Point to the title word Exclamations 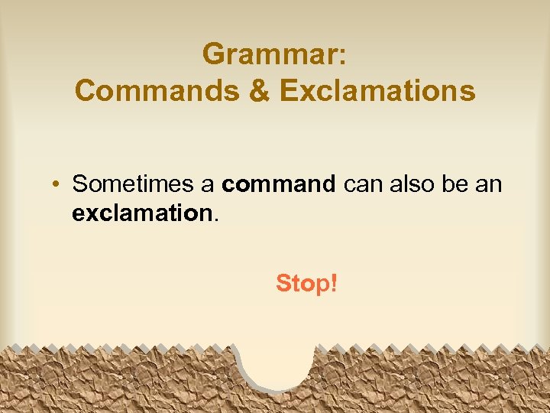[377, 91]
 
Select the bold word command [278, 184]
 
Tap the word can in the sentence [361, 185]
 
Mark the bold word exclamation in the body [141, 213]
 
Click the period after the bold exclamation [215, 220]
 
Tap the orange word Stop [301, 284]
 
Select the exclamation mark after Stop [332, 283]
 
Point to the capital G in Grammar [214, 54]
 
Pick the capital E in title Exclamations [289, 91]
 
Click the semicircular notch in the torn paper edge [276, 363]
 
